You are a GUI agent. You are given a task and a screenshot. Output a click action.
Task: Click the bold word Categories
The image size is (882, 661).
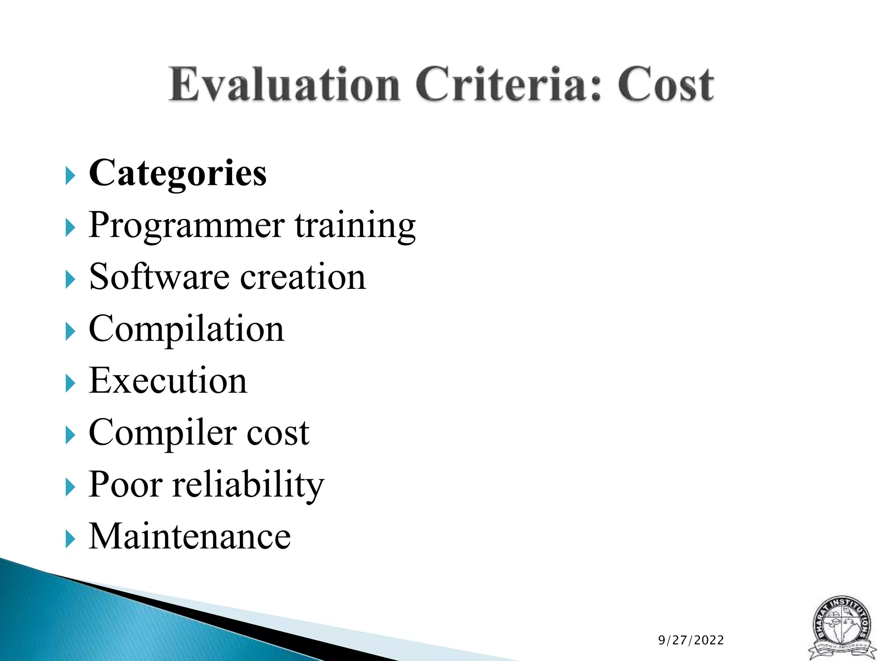click(177, 174)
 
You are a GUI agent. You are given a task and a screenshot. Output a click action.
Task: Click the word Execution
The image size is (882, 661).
click(168, 381)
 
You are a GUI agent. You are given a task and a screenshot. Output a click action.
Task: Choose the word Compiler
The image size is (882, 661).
click(162, 433)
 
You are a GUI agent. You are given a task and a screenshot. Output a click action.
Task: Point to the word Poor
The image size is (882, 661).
click(125, 485)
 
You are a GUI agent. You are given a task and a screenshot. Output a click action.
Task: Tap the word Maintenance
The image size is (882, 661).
click(189, 537)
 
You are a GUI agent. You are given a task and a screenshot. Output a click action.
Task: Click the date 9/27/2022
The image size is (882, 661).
click(691, 640)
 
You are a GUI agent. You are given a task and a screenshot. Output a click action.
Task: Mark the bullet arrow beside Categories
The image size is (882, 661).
click(70, 176)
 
